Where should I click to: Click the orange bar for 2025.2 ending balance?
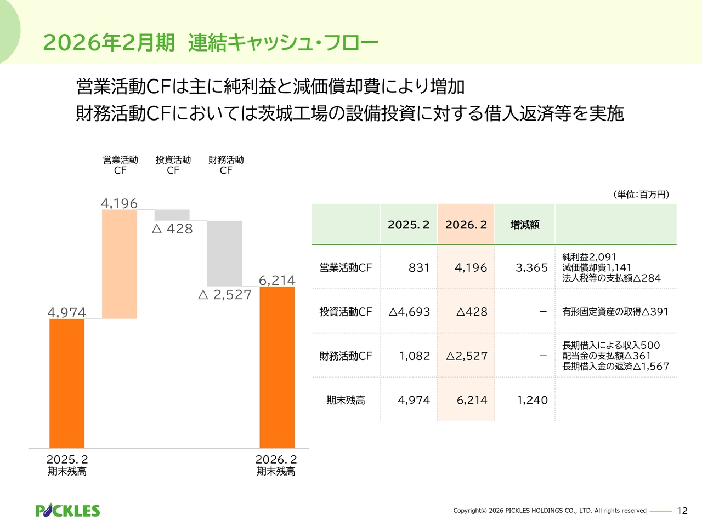pos(67,384)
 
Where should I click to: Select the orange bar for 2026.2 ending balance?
pos(277,367)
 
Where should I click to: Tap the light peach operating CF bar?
pos(120,264)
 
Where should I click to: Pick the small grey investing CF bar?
pos(172,215)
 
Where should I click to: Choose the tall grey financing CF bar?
pos(224,253)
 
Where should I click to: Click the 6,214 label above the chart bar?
pos(277,281)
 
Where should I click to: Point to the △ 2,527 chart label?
pos(225,295)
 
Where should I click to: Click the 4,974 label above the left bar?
pos(67,313)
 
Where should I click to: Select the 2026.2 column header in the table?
pos(466,225)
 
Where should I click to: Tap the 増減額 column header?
pos(525,225)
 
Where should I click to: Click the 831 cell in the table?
pos(419,268)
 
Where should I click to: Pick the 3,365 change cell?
pos(531,268)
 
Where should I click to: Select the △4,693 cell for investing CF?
pos(409,312)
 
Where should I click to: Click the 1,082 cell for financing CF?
pos(415,356)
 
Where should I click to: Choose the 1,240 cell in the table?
pos(532,401)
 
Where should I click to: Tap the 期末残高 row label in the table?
pos(346,401)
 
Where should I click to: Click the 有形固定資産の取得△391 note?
pos(615,312)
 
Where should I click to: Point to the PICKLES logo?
pos(67,511)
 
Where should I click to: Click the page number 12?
pos(682,511)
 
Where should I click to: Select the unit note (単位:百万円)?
pos(641,195)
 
